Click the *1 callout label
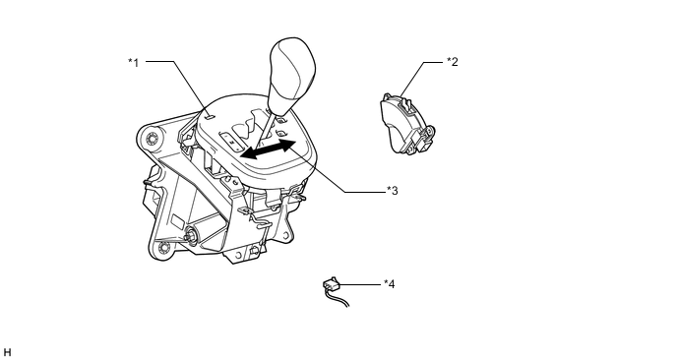134,63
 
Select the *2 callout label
452,62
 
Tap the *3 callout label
392,191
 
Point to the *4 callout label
389,284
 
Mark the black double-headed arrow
269,149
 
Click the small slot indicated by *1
209,115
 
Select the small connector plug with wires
331,285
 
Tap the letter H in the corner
7,353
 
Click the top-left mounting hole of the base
152,139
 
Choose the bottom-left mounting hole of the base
163,248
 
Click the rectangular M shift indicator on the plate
232,142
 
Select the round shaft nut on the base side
190,236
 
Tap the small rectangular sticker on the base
177,221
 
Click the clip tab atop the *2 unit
404,103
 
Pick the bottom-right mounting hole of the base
285,235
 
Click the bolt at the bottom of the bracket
254,251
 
